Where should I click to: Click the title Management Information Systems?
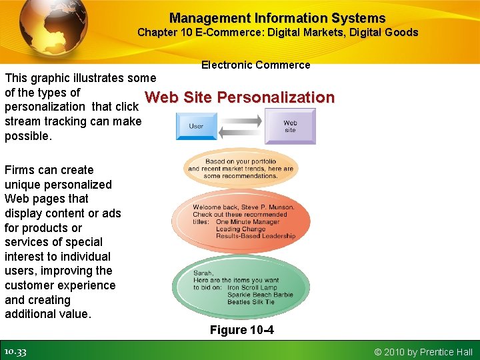coord(277,18)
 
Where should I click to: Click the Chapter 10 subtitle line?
coord(277,33)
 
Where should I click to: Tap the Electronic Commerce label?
coord(255,65)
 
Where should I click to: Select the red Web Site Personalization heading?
coord(239,97)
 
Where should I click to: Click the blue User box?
coord(196,125)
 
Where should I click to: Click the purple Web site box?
coord(290,126)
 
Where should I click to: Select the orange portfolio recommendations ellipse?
coord(241,168)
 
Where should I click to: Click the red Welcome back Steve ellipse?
coord(241,221)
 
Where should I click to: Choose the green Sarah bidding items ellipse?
coord(239,285)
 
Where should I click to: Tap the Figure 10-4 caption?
coord(241,330)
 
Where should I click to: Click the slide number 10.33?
coord(15,351)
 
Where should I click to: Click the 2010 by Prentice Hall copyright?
coord(423,351)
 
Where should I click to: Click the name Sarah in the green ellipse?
coord(203,273)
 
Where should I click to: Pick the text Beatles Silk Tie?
coord(251,302)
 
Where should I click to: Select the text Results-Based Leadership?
coord(255,236)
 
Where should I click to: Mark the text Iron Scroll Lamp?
coord(252,287)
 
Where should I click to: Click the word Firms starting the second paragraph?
coord(20,170)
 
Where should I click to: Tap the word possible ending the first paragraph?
coord(26,136)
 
